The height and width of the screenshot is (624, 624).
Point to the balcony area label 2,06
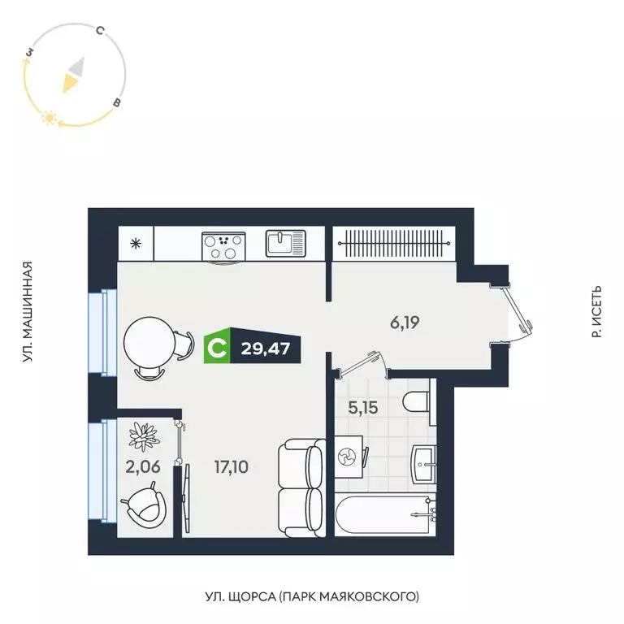[x=137, y=466]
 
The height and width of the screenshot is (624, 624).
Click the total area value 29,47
[x=265, y=349]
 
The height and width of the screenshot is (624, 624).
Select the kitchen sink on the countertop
[x=285, y=243]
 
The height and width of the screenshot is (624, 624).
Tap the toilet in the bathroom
[x=418, y=402]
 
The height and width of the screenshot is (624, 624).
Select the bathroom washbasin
[x=425, y=462]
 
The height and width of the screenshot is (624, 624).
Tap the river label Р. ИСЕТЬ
[x=596, y=312]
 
